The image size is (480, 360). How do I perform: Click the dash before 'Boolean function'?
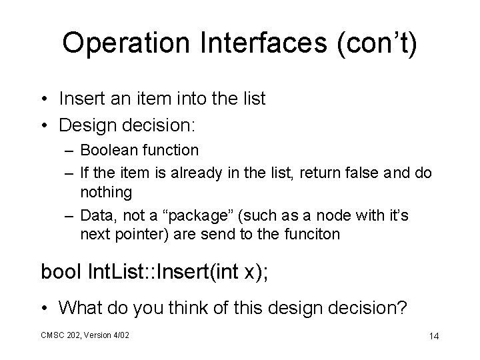tap(69, 151)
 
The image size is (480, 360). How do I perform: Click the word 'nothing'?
tap(107, 193)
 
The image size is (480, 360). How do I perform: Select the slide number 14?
tap(434, 336)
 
